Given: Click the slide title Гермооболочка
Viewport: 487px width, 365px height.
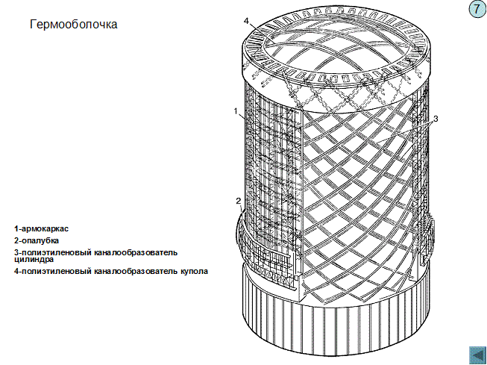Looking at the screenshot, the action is pos(74,25).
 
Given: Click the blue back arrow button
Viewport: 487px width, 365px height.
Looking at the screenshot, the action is pos(475,355).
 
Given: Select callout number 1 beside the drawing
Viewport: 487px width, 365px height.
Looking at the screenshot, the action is pos(236,111).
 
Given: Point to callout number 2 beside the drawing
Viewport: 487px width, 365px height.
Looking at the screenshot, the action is pos(238,201).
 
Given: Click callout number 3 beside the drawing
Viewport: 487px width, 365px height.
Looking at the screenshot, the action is pos(436,119).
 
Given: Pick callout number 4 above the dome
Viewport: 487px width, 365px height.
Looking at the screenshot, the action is pos(246,20).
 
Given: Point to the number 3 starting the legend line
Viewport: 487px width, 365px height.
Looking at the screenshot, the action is pos(16,253).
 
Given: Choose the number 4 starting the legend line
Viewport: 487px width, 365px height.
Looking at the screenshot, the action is pos(16,271).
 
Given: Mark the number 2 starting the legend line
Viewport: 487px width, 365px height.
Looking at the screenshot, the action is pos(16,240).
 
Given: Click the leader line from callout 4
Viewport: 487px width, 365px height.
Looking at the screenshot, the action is pos(254,27).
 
